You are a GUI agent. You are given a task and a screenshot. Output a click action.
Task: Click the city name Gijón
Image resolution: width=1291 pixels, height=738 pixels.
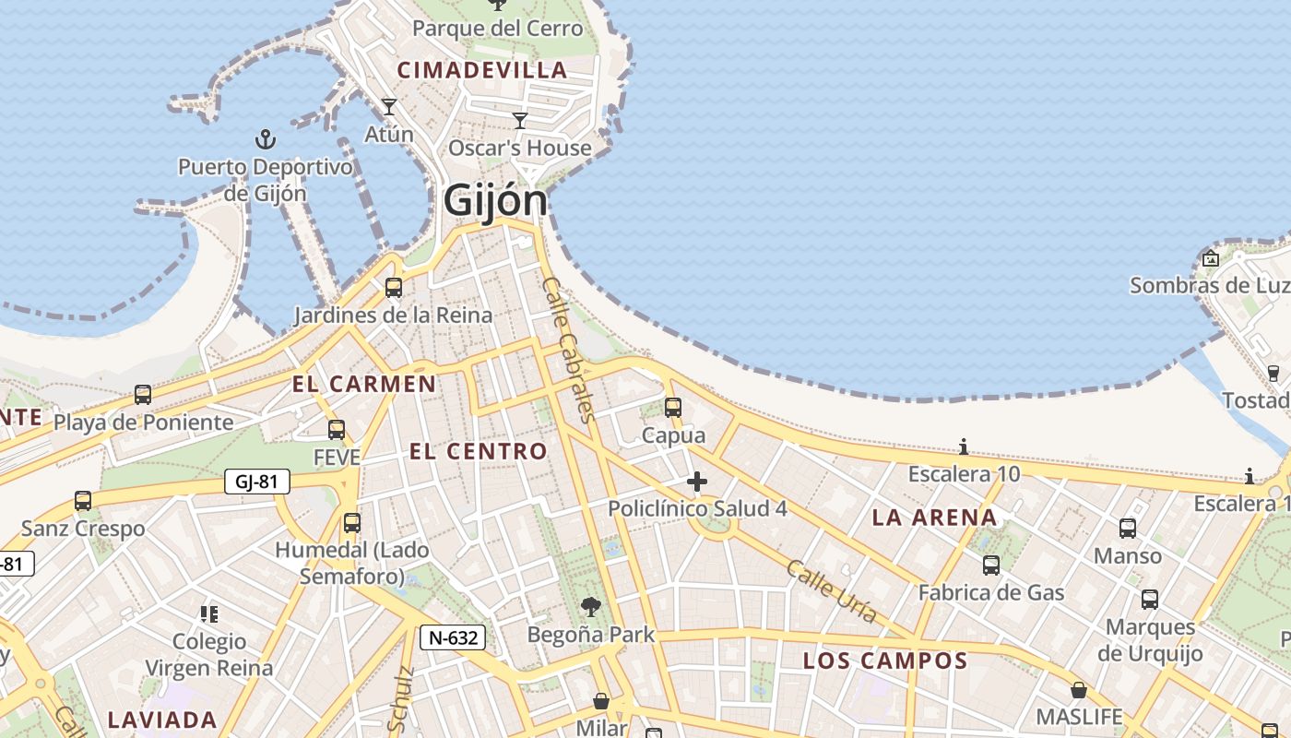[495, 200]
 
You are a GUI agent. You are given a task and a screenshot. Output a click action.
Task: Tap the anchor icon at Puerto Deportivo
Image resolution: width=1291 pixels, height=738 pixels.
[266, 140]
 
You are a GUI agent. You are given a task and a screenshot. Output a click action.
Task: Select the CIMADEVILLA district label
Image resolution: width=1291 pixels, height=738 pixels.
[482, 70]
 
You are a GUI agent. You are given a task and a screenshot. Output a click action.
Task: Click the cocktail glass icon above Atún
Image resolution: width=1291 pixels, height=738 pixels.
[389, 107]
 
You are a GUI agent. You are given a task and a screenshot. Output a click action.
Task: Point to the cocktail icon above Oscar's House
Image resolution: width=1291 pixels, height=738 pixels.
[520, 121]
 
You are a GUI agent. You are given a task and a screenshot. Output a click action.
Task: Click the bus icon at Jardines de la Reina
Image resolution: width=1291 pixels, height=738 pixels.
[394, 288]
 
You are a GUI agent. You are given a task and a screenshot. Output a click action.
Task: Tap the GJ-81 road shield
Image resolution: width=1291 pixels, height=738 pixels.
[257, 481]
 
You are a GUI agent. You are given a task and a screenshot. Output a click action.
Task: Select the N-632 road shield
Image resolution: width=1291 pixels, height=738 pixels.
[453, 637]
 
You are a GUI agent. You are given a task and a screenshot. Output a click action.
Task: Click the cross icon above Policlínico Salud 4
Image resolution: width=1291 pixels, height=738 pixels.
[697, 482]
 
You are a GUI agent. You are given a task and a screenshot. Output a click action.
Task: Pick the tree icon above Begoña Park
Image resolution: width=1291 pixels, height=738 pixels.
[591, 607]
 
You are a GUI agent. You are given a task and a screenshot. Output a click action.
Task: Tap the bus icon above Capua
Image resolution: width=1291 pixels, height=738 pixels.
[673, 407]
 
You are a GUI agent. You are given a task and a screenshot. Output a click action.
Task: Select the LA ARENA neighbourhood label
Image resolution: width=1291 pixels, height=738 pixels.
[935, 518]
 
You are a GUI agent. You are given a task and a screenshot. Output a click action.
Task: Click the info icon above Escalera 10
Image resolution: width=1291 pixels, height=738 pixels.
[964, 447]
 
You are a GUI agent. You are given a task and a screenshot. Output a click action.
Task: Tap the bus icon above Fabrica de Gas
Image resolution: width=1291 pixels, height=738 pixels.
[991, 565]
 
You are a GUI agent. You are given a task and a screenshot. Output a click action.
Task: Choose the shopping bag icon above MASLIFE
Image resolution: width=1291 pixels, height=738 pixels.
[1078, 690]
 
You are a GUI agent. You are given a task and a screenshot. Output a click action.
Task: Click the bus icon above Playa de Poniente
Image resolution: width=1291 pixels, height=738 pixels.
[143, 395]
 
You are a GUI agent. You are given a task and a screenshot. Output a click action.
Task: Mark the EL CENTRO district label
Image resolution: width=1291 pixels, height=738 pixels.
[479, 451]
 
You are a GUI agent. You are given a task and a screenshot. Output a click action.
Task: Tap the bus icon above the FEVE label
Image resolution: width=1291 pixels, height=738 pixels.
[337, 430]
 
